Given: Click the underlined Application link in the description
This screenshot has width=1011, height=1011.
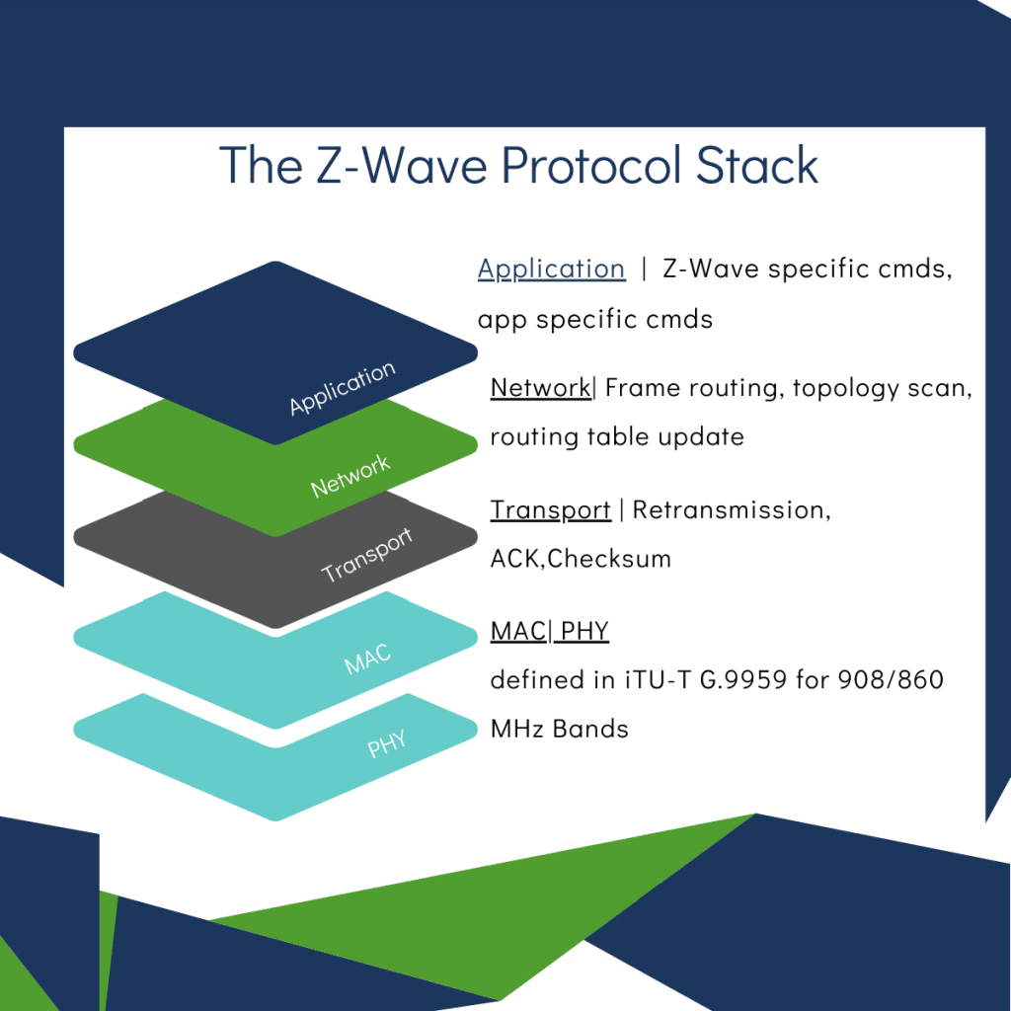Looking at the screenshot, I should click(551, 270).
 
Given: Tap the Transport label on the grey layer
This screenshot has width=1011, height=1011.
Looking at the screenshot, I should click(366, 556).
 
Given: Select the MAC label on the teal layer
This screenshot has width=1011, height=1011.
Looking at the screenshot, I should click(367, 659).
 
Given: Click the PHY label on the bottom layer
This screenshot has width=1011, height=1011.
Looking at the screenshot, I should click(388, 742).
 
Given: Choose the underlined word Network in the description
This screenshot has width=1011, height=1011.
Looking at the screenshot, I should click(540, 388).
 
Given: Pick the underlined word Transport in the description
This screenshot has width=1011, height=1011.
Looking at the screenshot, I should click(550, 510).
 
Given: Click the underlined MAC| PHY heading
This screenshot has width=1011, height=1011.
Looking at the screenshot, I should click(549, 631).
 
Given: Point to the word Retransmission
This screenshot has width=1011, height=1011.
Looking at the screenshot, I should click(731, 510).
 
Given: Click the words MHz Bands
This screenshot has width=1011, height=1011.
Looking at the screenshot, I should click(559, 730).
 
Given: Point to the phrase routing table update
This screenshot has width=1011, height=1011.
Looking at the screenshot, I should click(617, 436).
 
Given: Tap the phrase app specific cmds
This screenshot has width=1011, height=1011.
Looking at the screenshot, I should click(594, 320).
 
